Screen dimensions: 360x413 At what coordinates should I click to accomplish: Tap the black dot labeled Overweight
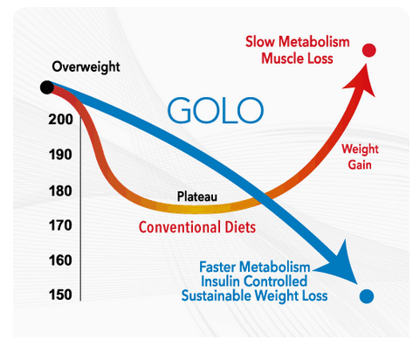click(45, 87)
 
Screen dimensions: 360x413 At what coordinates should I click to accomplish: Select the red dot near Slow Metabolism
click(369, 50)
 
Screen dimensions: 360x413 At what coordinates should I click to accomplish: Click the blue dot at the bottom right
click(367, 296)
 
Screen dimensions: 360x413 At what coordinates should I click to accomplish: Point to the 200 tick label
click(61, 120)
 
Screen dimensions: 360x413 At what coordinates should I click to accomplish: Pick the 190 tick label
click(61, 155)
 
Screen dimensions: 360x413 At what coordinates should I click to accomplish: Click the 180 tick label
click(61, 190)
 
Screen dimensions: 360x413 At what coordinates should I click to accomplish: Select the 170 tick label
click(61, 225)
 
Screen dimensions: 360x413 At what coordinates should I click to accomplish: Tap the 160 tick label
click(61, 260)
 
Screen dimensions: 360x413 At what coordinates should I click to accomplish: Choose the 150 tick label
click(61, 294)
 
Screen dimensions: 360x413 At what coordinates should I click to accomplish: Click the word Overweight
click(87, 66)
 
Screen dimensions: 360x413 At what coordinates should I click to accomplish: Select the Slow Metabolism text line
click(298, 41)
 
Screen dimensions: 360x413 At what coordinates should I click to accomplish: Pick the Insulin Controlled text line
click(254, 280)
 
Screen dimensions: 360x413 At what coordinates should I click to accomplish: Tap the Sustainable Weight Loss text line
click(254, 296)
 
